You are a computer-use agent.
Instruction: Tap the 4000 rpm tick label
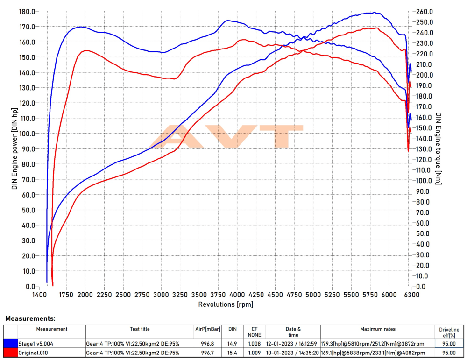(237, 295)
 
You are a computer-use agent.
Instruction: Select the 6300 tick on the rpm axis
(411, 295)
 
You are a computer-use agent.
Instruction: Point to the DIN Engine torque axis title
(439, 148)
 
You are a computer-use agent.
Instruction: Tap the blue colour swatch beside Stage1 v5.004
(10, 343)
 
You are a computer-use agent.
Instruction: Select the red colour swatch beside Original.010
(10, 353)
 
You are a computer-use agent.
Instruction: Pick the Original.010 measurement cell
(33, 353)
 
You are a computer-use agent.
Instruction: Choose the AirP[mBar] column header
(208, 329)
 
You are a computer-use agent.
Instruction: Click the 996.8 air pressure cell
(208, 343)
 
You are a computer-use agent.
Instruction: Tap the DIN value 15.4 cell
(233, 353)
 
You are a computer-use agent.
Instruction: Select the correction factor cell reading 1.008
(255, 343)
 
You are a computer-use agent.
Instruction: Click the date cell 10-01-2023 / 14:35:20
(292, 353)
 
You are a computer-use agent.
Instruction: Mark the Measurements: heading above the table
(30, 318)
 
